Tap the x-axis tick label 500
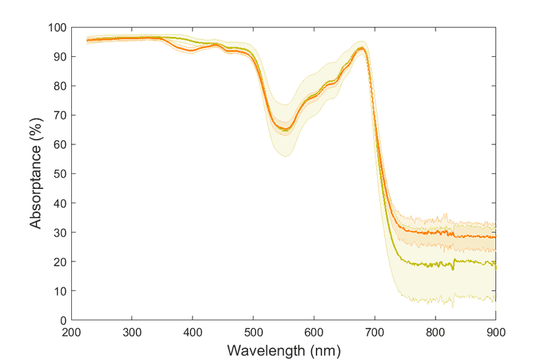(253, 332)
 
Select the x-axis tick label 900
(495, 332)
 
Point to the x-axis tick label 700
(375, 332)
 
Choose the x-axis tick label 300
(132, 332)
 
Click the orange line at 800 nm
(435, 233)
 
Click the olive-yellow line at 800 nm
(435, 264)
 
